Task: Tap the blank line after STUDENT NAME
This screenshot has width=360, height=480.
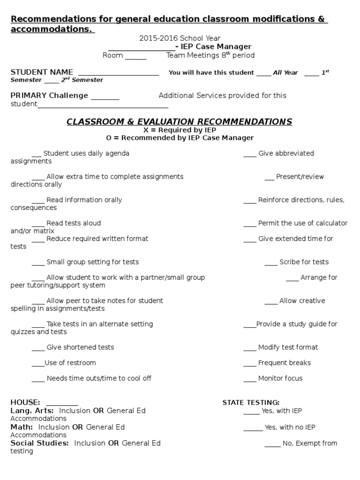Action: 118,74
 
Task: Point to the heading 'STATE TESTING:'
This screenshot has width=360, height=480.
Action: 251,403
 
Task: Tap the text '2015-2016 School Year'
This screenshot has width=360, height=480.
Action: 180,38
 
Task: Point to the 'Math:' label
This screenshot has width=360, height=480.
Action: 22,427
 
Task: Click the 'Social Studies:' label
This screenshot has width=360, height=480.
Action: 40,443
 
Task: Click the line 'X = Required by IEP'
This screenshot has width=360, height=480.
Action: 180,130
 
